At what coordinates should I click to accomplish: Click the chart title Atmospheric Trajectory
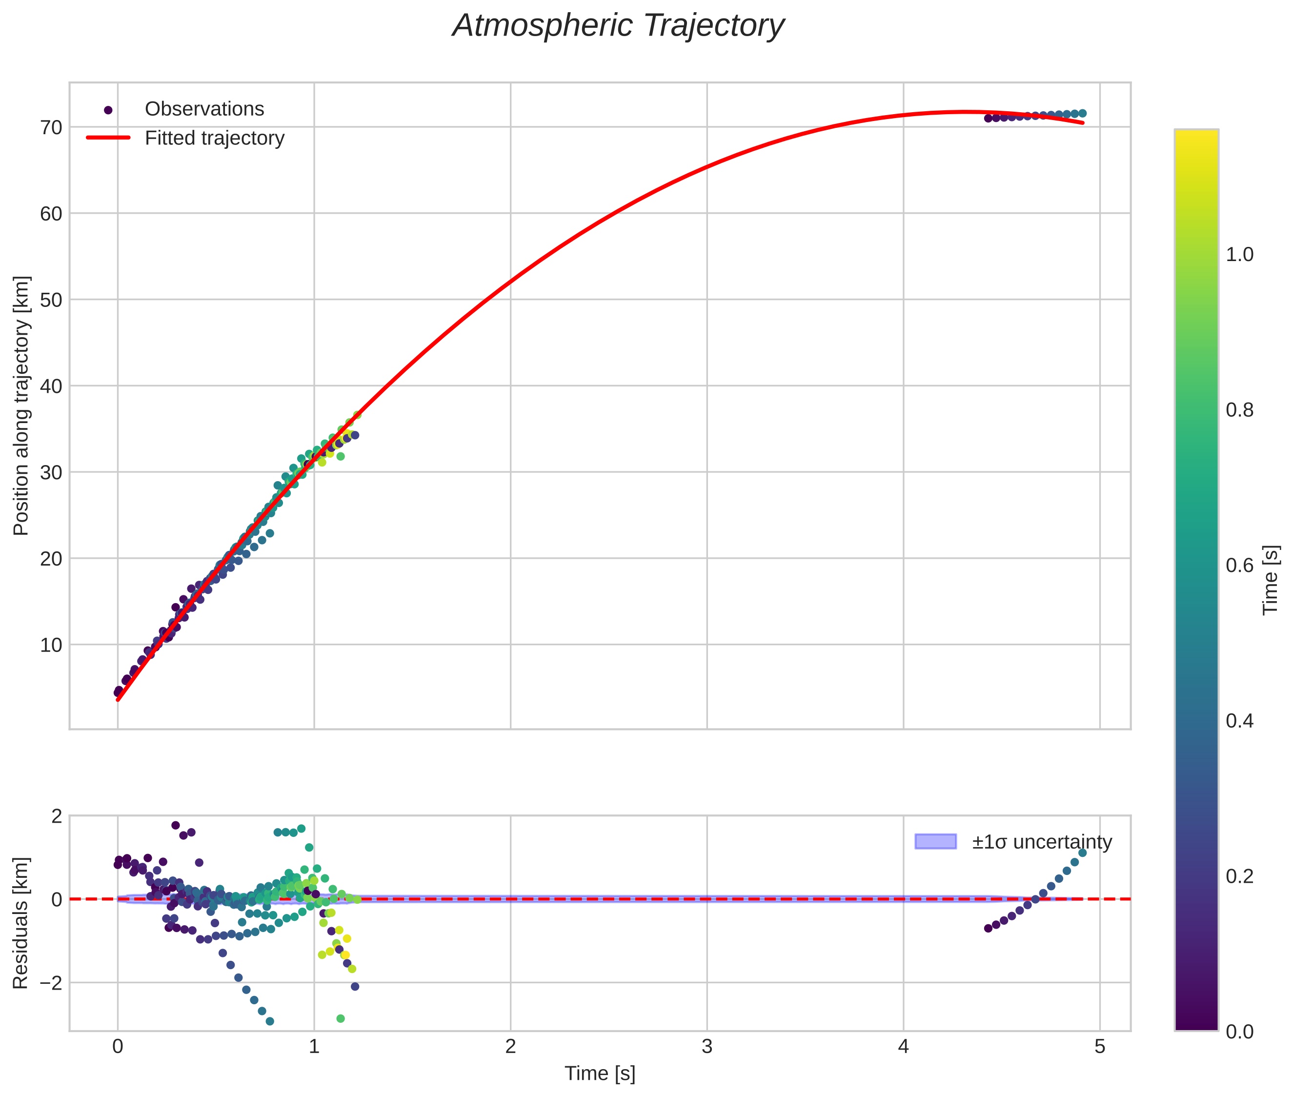(x=618, y=26)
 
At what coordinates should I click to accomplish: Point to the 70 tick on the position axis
(x=52, y=127)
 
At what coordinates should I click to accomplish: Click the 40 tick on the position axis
(x=52, y=386)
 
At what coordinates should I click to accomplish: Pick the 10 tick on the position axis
(x=52, y=645)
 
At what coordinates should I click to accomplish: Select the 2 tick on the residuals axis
(x=57, y=816)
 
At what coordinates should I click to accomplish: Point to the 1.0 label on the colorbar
(x=1239, y=255)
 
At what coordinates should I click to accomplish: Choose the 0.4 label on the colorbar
(x=1239, y=721)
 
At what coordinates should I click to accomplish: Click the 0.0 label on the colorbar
(x=1239, y=1032)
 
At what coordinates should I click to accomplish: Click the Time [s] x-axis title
(x=600, y=1074)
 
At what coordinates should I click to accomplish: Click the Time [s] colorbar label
(x=1271, y=580)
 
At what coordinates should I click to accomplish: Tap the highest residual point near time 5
(x=1082, y=853)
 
